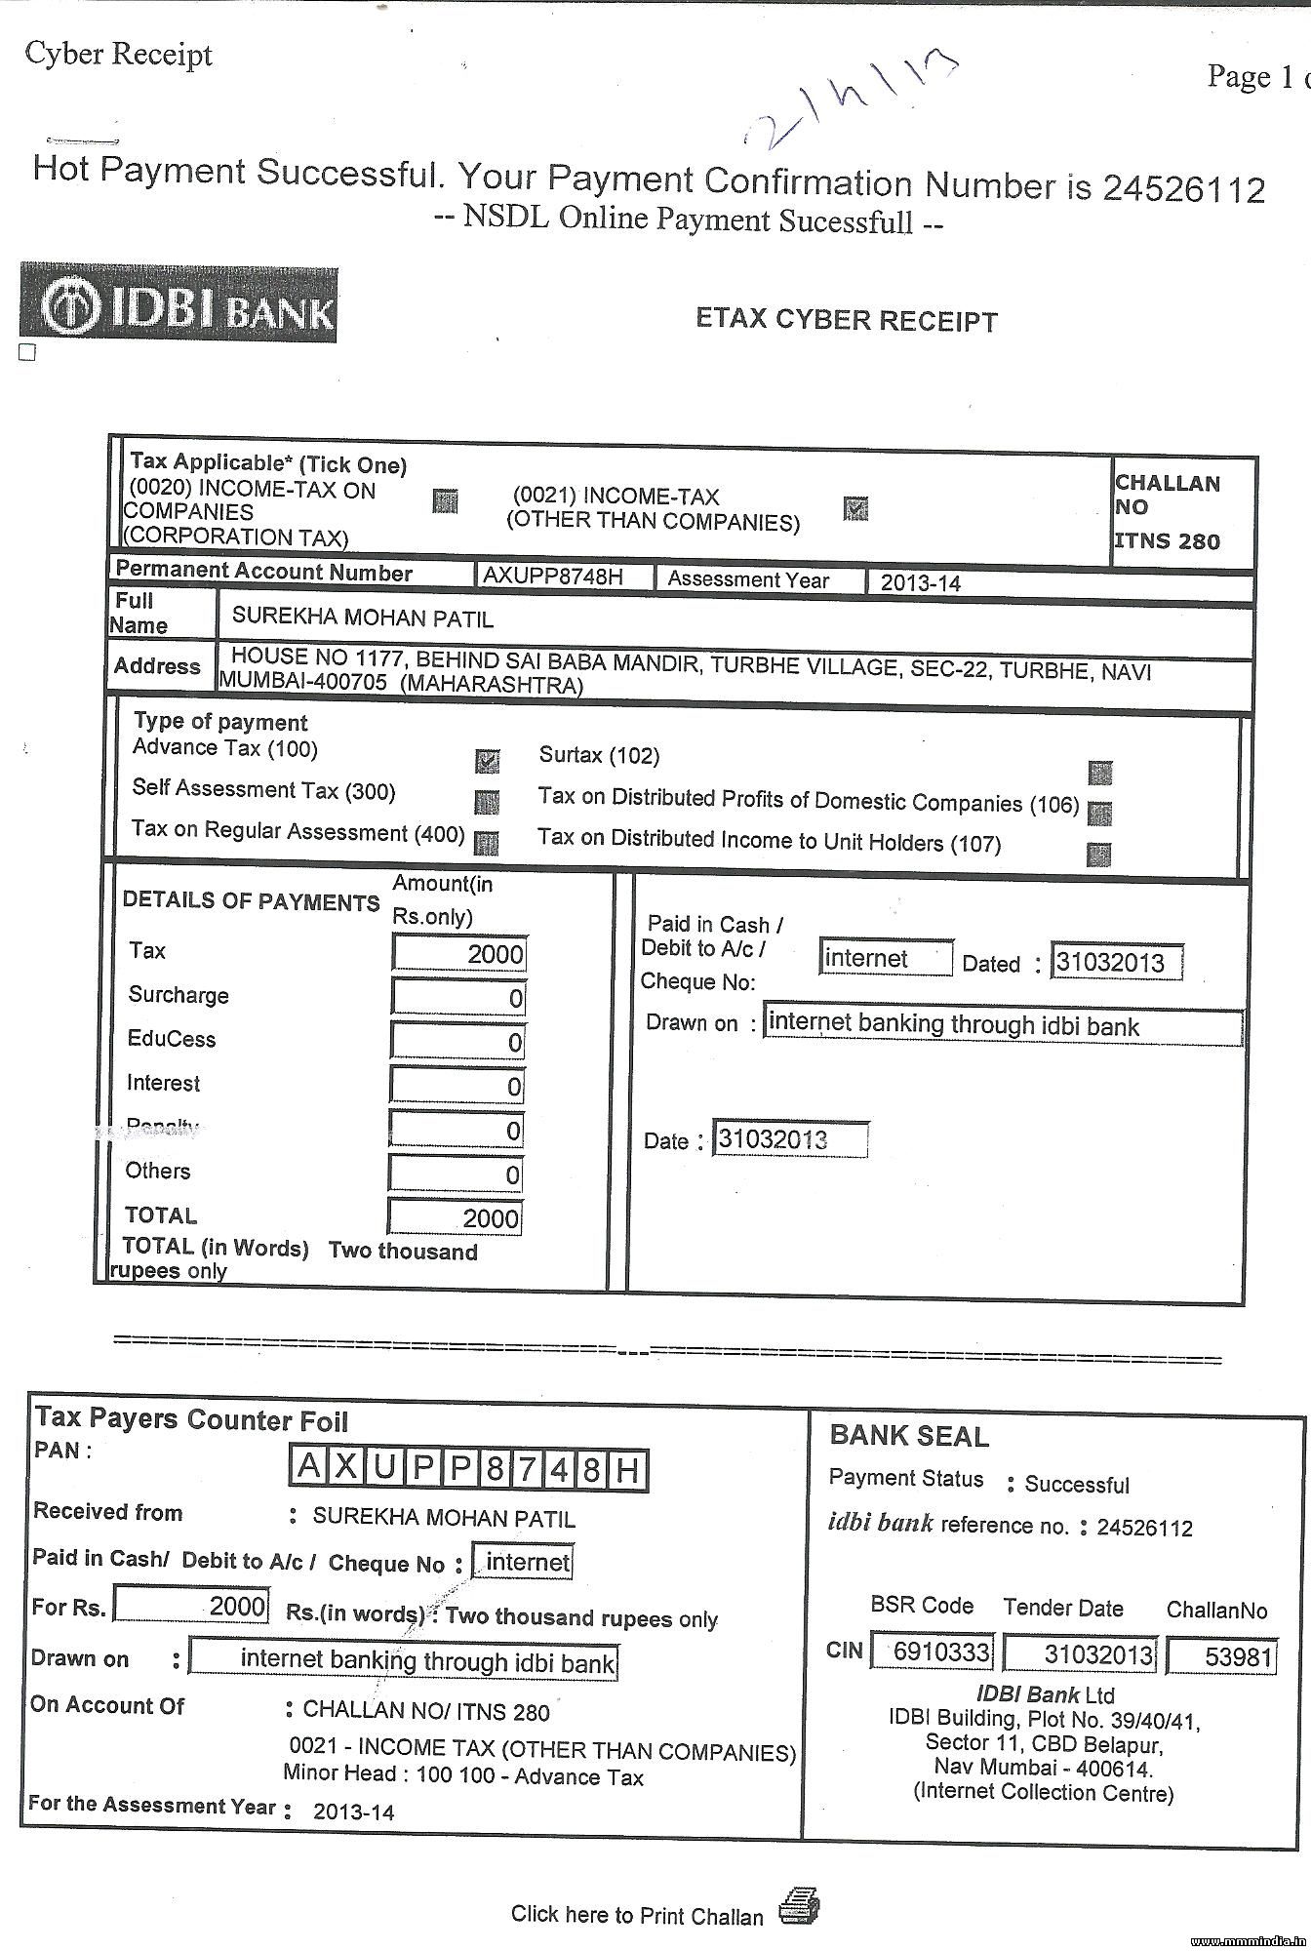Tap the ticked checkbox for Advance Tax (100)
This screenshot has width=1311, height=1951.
click(x=487, y=761)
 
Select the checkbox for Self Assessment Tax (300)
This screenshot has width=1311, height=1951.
click(x=487, y=802)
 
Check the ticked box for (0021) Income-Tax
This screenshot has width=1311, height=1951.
click(x=855, y=508)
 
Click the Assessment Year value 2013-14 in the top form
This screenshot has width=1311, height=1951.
click(x=920, y=583)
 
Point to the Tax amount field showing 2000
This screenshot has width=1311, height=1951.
click(x=458, y=953)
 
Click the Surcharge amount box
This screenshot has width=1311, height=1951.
click(x=458, y=997)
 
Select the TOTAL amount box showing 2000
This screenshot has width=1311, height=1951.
click(x=456, y=1217)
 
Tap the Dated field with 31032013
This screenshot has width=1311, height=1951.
click(x=1116, y=963)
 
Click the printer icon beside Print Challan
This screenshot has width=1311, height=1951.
click(x=799, y=1905)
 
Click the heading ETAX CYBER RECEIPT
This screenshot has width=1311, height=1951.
click(x=846, y=320)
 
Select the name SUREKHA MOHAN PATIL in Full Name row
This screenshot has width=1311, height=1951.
click(x=363, y=618)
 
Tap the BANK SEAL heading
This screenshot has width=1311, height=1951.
click(x=909, y=1436)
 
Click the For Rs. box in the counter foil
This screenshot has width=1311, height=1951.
click(x=191, y=1606)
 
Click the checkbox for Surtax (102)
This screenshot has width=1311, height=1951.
click(x=1099, y=773)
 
